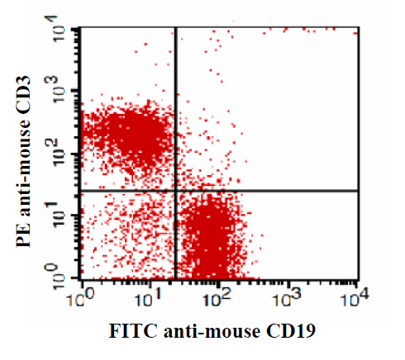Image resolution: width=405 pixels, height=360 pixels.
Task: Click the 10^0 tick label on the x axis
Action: tap(81, 298)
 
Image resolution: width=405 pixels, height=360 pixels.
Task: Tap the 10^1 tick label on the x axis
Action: tap(149, 298)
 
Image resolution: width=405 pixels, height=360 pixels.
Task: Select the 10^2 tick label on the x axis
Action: tap(217, 298)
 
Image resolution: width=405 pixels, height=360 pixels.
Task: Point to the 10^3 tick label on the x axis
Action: tap(287, 298)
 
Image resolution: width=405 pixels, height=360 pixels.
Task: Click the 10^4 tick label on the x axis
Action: tap(355, 298)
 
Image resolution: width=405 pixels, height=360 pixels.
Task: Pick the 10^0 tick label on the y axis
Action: tap(59, 275)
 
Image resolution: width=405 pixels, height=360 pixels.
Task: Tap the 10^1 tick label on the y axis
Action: tap(59, 214)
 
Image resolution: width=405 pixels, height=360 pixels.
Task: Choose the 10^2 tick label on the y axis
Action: tap(59, 152)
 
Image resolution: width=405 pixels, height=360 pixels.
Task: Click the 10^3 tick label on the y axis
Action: tap(59, 89)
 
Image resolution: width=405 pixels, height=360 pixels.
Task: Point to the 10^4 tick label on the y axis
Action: tap(59, 28)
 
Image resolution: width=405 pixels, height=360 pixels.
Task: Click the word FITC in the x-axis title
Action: tap(133, 331)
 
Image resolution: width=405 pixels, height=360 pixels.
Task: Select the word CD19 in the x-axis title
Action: tap(291, 331)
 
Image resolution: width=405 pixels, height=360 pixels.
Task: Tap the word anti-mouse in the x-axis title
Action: tap(212, 331)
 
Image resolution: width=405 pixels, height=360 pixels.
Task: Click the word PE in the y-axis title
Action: tap(23, 235)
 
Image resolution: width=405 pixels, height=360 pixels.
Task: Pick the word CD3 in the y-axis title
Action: tap(23, 93)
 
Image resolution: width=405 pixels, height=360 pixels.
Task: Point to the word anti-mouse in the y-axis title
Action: tap(23, 168)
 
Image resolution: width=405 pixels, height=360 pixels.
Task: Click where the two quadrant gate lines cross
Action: tap(175, 190)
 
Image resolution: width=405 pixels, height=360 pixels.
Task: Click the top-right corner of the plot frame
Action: tap(359, 27)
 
